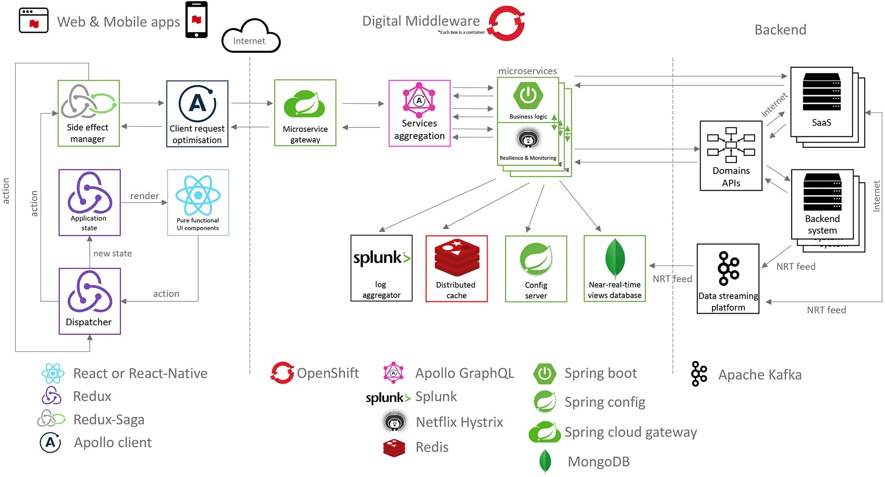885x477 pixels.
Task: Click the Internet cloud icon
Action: [250, 37]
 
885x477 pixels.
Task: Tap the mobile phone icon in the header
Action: [196, 20]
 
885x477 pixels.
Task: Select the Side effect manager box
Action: [88, 113]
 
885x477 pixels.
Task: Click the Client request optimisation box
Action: [197, 114]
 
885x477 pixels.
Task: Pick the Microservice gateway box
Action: [305, 113]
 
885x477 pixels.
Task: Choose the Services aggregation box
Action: [419, 113]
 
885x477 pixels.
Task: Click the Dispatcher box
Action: [90, 301]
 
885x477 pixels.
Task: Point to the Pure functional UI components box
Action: [198, 202]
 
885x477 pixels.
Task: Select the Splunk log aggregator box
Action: [381, 269]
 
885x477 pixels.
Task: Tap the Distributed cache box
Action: [456, 269]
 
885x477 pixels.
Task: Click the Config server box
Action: [536, 269]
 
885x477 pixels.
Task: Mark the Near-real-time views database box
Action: [615, 269]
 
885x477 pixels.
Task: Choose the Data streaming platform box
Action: [728, 279]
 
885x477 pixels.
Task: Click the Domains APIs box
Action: [731, 156]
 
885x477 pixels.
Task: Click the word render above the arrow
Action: [144, 196]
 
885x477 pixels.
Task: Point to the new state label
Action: [112, 254]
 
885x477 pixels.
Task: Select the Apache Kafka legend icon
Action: [699, 374]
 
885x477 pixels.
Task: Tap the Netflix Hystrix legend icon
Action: [394, 422]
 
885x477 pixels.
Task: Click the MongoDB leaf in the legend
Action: [545, 461]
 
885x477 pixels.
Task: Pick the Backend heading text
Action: [780, 30]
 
